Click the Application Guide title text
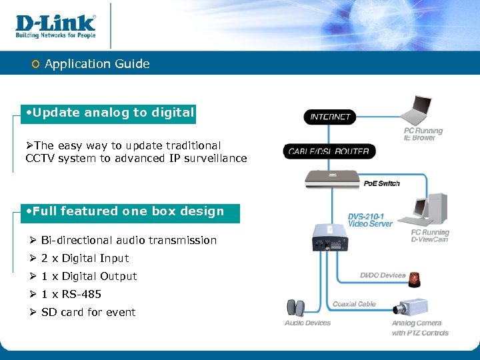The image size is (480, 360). pos(97,64)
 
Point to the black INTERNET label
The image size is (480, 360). pos(330,117)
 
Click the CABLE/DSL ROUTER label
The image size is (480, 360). pos(329,151)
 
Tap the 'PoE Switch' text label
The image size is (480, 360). pos(382,183)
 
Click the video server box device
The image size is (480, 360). pos(329,237)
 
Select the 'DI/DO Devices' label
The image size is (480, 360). pos(383,275)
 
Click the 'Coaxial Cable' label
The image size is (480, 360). pos(354,304)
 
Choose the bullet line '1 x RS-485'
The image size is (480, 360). pos(71,294)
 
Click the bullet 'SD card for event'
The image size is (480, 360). pos(88,312)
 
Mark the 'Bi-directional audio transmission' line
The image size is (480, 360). pos(129,240)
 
